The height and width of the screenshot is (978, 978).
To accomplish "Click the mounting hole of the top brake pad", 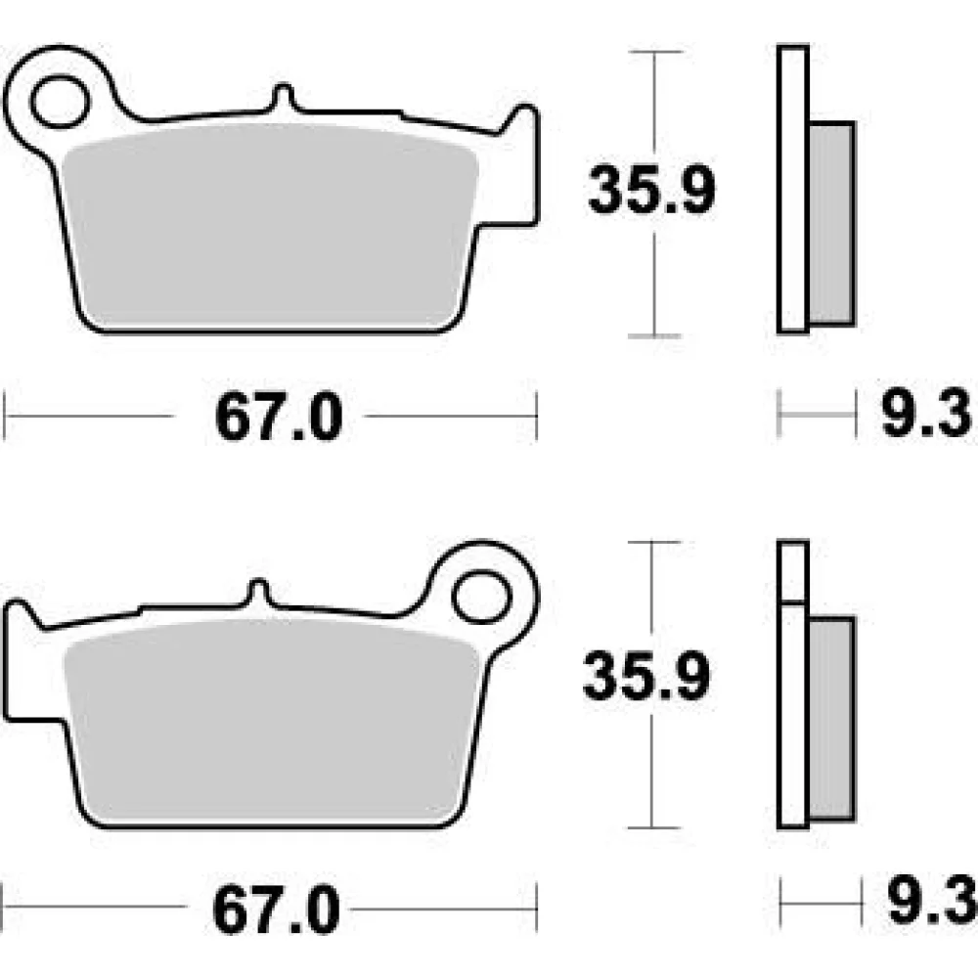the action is [x=60, y=102].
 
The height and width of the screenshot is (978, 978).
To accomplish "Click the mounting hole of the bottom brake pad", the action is [x=481, y=598].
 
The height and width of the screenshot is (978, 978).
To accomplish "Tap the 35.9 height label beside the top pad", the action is [x=651, y=190].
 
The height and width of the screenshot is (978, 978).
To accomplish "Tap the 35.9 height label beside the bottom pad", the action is [x=646, y=676].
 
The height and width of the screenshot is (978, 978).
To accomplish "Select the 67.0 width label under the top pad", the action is [x=279, y=417].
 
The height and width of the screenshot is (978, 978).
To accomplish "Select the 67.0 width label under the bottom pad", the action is [x=277, y=910].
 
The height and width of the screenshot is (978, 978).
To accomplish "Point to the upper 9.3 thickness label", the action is [x=926, y=412].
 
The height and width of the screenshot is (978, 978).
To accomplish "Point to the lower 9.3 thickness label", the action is [x=932, y=901].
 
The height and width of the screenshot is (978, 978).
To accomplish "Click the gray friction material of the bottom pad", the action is [x=271, y=721].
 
